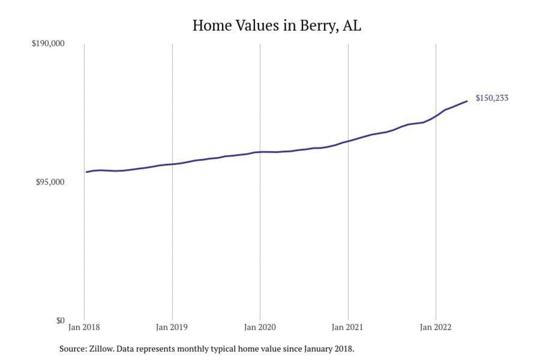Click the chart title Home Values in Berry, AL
[277, 26]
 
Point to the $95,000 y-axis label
[50, 182]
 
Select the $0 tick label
[60, 320]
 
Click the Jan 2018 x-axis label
[85, 327]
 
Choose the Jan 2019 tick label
[172, 327]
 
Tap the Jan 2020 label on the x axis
[260, 327]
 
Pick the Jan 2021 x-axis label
[348, 327]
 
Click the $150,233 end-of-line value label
[492, 98]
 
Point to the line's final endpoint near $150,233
[467, 101]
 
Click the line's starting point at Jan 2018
[87, 172]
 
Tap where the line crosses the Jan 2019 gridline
[172, 164]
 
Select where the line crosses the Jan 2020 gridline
[260, 152]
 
